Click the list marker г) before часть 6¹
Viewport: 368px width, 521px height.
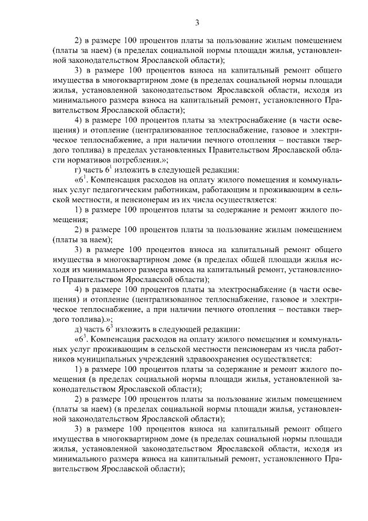(79, 170)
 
